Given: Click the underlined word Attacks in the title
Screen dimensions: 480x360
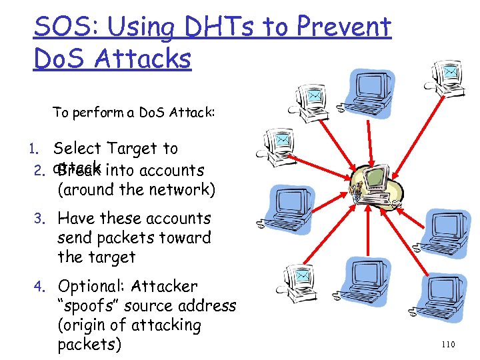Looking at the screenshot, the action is point(143,59).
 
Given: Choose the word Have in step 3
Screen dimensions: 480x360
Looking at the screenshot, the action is point(77,219).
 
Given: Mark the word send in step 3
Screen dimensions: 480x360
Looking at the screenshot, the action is point(77,238).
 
